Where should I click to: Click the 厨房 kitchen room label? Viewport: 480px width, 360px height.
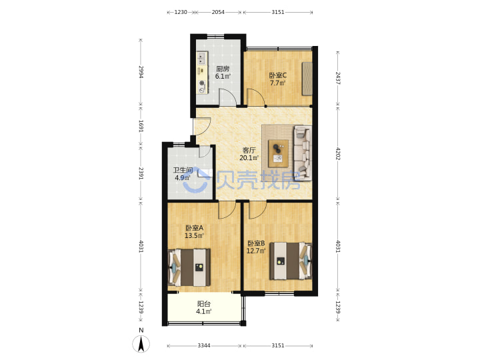pyautogui.click(x=223, y=69)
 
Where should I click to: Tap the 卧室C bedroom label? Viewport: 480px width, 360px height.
pyautogui.click(x=277, y=75)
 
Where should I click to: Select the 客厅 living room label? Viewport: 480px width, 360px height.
pyautogui.click(x=249, y=150)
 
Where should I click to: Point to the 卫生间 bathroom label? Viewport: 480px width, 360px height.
pyautogui.click(x=183, y=170)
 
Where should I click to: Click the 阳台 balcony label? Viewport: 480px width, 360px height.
pyautogui.click(x=204, y=304)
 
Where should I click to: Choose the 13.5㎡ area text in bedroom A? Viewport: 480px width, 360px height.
pyautogui.click(x=194, y=236)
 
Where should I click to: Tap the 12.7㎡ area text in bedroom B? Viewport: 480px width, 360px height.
pyautogui.click(x=256, y=251)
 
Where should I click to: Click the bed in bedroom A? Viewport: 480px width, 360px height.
pyautogui.click(x=189, y=267)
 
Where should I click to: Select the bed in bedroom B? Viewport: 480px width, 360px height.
pyautogui.click(x=291, y=261)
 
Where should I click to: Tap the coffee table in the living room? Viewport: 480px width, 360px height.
pyautogui.click(x=278, y=153)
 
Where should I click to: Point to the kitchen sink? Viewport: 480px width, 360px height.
pyautogui.click(x=201, y=58)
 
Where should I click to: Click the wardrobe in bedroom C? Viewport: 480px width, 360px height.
pyautogui.click(x=307, y=79)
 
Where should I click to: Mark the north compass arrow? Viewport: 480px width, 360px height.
pyautogui.click(x=141, y=344)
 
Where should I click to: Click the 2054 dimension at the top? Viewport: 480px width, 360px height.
pyautogui.click(x=218, y=12)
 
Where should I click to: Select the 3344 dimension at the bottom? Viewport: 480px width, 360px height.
pyautogui.click(x=204, y=345)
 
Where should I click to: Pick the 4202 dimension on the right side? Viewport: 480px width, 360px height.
pyautogui.click(x=337, y=154)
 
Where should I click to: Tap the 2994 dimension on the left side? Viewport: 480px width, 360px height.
pyautogui.click(x=141, y=72)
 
